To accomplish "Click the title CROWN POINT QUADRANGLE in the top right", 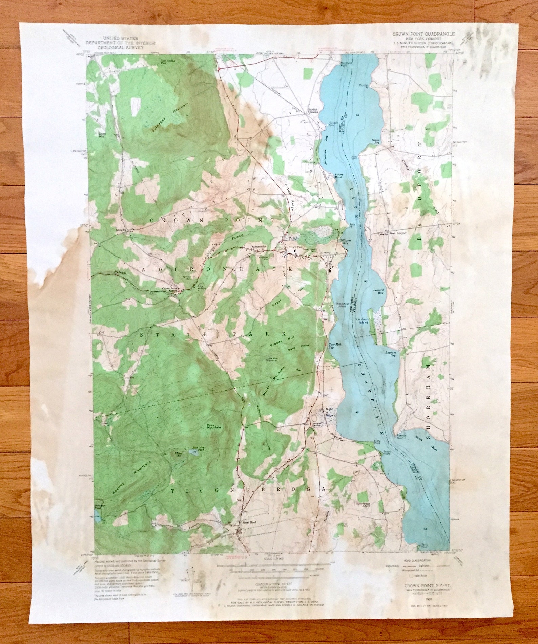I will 423,34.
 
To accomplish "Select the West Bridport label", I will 398,234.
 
